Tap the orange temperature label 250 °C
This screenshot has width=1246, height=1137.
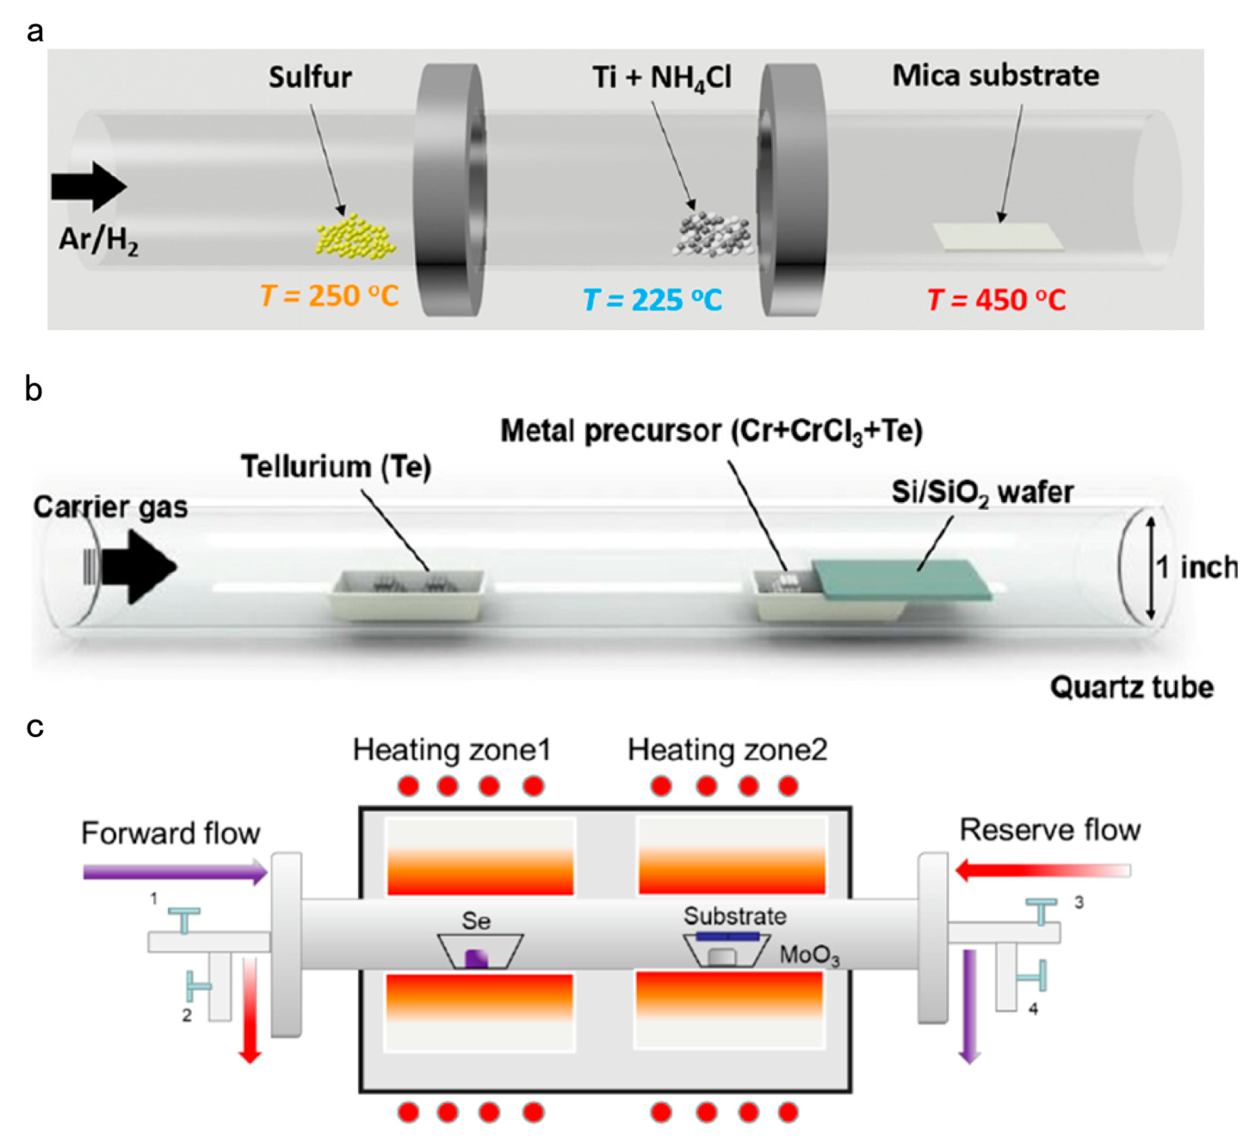coord(329,296)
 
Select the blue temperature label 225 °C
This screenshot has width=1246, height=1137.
coord(652,300)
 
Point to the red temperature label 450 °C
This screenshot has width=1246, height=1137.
coord(996,300)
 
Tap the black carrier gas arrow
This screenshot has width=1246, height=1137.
coord(139,566)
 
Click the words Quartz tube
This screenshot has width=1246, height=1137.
coord(1131,687)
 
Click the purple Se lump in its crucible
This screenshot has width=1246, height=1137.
coord(476,958)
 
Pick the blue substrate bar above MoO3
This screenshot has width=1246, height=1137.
coord(727,936)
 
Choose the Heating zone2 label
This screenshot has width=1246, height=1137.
coord(727,750)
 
